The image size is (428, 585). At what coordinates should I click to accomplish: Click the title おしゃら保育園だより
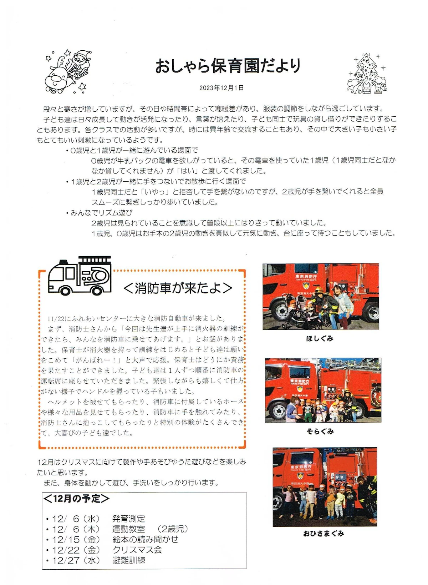tap(228, 66)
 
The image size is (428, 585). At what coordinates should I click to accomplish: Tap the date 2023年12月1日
tap(221, 88)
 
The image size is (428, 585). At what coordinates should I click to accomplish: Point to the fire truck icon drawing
tap(80, 276)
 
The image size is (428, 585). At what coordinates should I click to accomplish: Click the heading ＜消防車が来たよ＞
tap(178, 288)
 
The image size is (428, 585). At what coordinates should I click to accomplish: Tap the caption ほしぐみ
tap(320, 339)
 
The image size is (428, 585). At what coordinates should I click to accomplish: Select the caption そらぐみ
tap(320, 432)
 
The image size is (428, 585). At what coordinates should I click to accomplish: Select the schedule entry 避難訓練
tap(129, 560)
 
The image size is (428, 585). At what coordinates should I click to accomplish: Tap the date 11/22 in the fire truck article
tap(56, 319)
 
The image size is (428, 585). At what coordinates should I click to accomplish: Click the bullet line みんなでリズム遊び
tap(102, 213)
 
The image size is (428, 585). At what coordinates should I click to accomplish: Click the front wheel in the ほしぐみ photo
tap(281, 311)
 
